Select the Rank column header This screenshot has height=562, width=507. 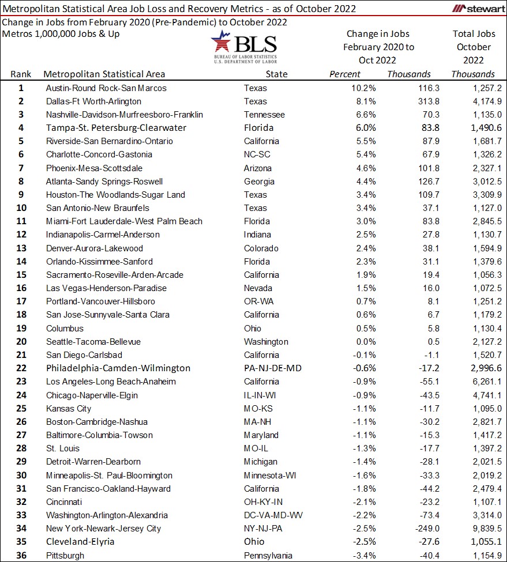21,74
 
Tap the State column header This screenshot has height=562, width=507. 276,74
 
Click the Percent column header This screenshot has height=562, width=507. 344,74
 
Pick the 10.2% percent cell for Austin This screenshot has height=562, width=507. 365,88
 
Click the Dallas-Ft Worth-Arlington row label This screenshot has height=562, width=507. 93,101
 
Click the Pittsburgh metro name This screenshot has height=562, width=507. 65,556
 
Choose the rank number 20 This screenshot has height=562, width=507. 21,342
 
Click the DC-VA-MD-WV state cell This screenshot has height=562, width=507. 272,515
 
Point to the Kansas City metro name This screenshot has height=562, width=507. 69,409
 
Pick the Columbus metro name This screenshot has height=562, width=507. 65,329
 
